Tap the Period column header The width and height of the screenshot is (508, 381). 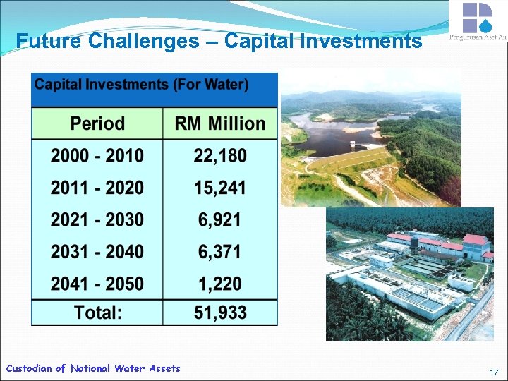click(x=97, y=123)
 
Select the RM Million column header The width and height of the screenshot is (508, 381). click(x=220, y=123)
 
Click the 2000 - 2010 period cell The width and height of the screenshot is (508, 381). click(x=97, y=156)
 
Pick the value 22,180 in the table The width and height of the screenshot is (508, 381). click(x=220, y=156)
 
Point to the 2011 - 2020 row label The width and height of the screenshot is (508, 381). click(x=97, y=188)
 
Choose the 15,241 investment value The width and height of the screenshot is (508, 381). click(x=220, y=188)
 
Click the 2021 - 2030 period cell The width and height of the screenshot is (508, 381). click(x=97, y=220)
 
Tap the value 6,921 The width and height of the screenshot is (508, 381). click(x=220, y=220)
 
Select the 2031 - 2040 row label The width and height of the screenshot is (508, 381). click(x=97, y=252)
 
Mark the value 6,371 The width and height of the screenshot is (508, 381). click(x=220, y=252)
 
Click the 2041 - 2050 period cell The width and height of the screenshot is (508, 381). click(x=97, y=284)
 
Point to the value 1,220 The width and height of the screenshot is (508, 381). click(x=220, y=284)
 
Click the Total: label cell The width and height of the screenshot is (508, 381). click(x=97, y=313)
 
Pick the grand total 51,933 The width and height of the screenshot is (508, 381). click(x=220, y=313)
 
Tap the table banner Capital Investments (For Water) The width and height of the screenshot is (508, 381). click(x=142, y=85)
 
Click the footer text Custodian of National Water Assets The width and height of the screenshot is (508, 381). click(x=93, y=368)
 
